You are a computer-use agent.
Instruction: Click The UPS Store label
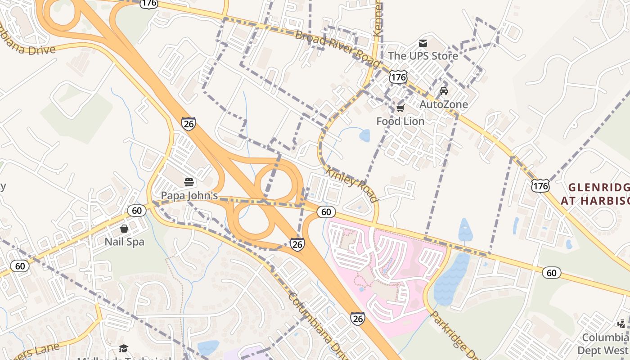coord(423,56)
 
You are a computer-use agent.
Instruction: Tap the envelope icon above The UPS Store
coord(423,43)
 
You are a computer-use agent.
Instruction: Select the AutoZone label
coord(444,104)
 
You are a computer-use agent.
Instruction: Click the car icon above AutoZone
coord(444,91)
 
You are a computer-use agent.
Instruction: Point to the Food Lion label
coord(400,121)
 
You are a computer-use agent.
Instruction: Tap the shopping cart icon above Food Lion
coord(400,108)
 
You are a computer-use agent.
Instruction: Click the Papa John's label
coord(189,196)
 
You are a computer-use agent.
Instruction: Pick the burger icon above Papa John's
coord(189,182)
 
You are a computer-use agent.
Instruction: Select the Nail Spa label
coord(124,242)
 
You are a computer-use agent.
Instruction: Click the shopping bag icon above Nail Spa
coord(124,229)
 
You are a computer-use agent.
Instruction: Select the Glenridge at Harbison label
coord(595,193)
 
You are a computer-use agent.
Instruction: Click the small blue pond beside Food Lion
coord(364,135)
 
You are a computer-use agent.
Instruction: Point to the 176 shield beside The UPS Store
coord(399,77)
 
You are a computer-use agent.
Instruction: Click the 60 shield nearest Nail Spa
coord(137,210)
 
